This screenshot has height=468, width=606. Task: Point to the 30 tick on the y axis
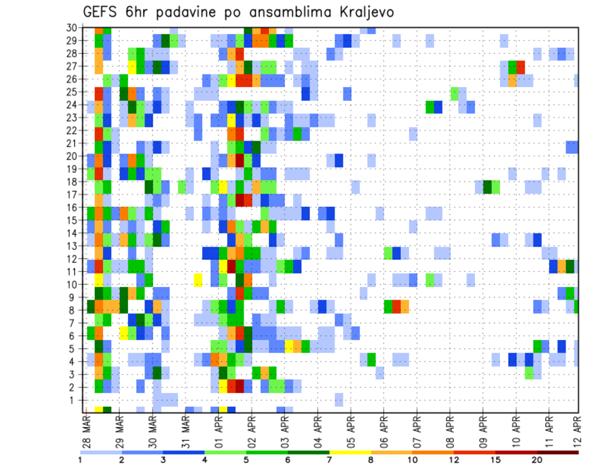tap(73, 28)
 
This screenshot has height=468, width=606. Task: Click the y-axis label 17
tap(73, 195)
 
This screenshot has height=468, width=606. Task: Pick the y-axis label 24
tap(73, 105)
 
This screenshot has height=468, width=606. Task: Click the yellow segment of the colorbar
tap(350, 452)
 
